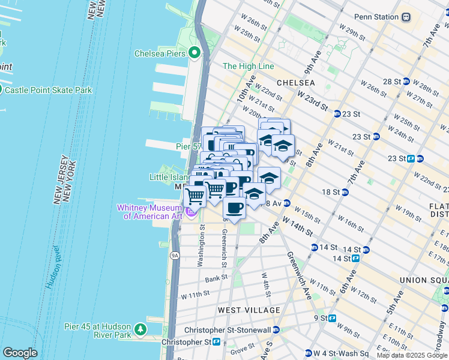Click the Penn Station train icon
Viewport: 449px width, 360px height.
click(406, 17)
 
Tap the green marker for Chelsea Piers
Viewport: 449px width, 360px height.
click(194, 53)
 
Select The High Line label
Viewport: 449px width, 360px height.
click(248, 66)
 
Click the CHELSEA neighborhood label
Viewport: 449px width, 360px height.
click(295, 82)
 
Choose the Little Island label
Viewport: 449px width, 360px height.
click(169, 177)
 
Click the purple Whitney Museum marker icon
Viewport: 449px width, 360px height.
click(191, 212)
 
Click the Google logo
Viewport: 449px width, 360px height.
click(20, 353)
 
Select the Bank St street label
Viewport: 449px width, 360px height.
click(215, 278)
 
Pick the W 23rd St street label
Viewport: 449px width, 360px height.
click(313, 101)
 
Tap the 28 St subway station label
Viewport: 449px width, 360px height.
click(391, 81)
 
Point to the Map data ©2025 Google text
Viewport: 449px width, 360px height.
click(411, 355)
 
